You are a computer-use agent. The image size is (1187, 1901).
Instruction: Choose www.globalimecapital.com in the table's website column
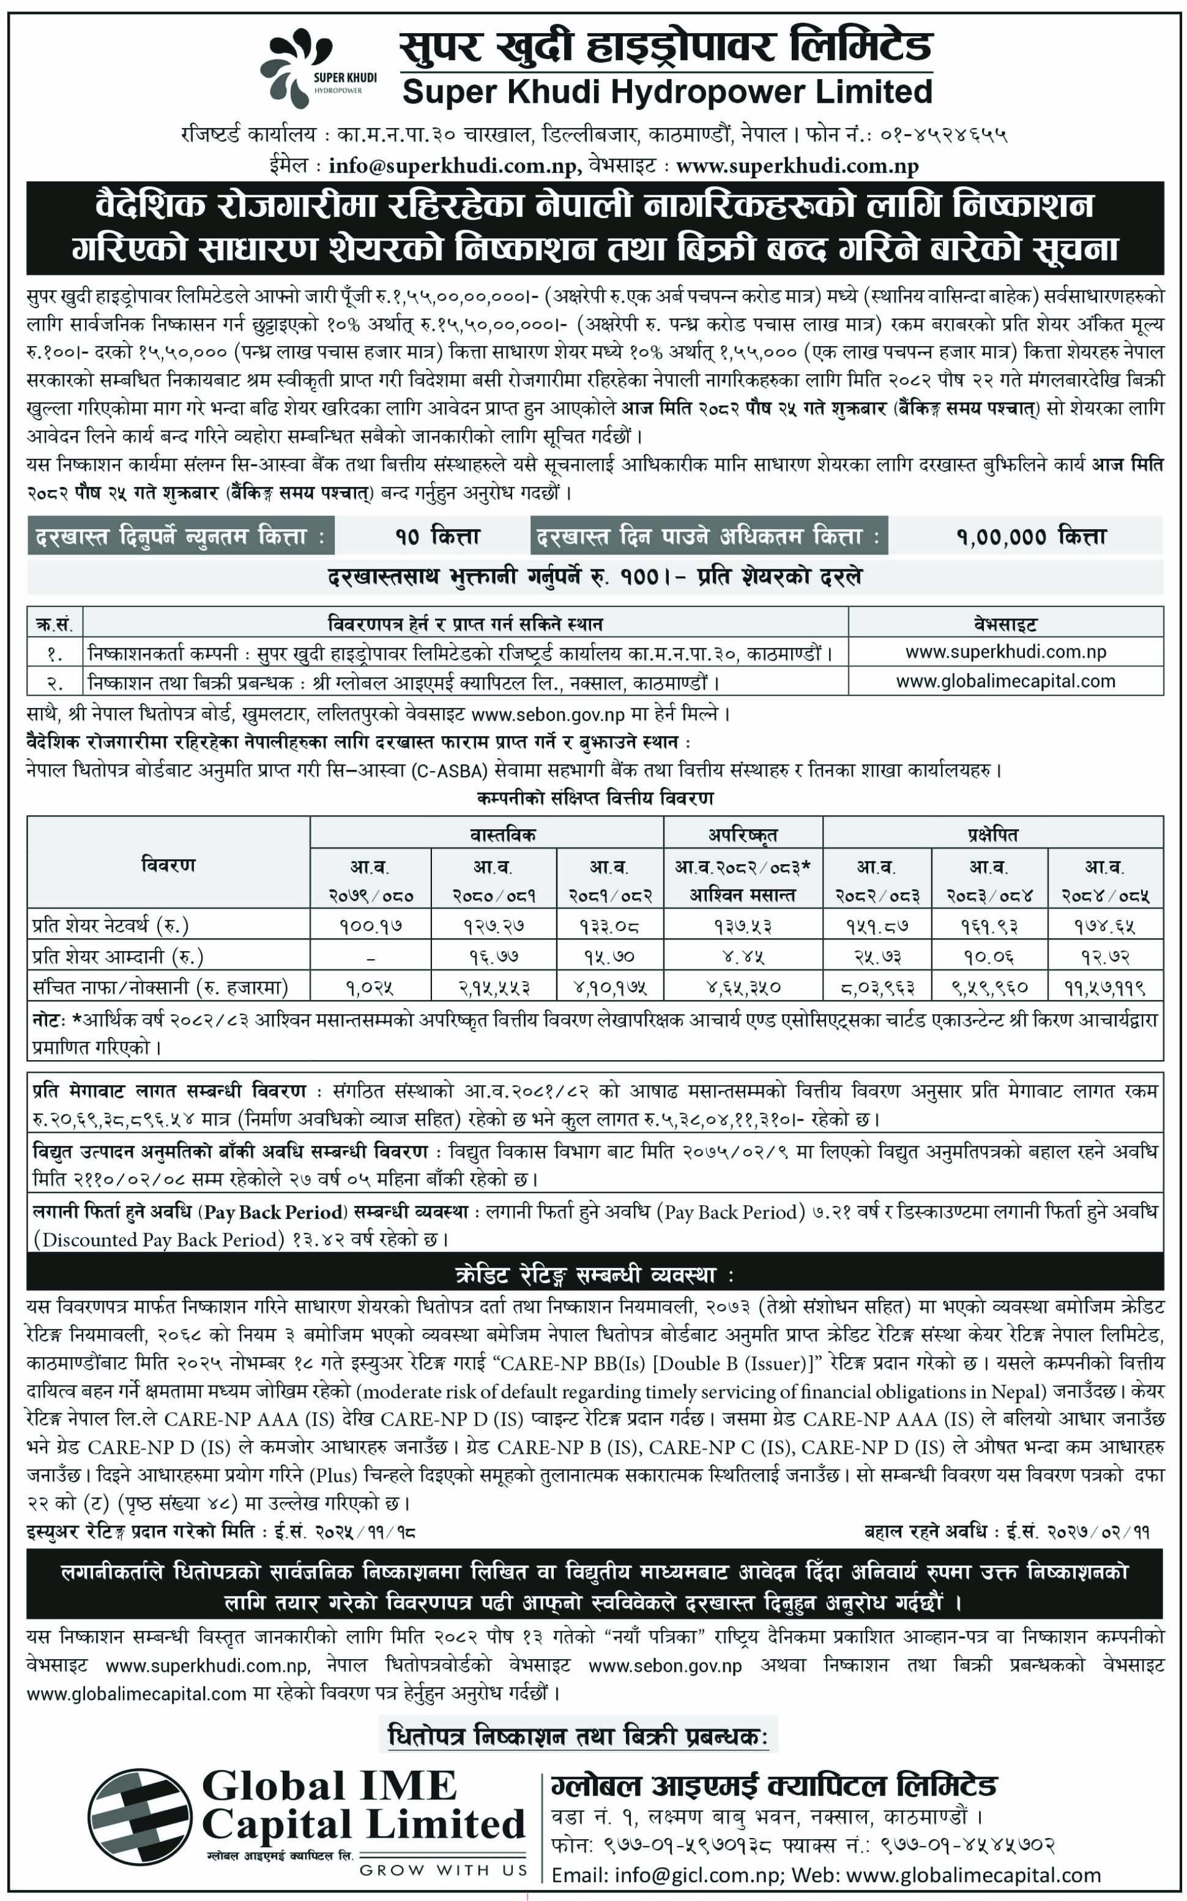coord(1006,681)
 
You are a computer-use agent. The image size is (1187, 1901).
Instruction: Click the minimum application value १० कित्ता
coord(437,536)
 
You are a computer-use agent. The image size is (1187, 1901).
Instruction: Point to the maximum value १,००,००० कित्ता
coord(1031,536)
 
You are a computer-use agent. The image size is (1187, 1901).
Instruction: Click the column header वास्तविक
coord(502,834)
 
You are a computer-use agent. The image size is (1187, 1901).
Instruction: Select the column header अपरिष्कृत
coord(743,834)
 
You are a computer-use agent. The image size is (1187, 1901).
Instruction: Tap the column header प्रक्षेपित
coord(992,834)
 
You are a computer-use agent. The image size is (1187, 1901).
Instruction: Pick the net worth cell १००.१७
coord(371,926)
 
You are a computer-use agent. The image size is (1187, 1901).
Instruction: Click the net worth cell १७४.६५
coord(1104,926)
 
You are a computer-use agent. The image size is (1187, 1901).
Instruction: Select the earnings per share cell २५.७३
coord(876,956)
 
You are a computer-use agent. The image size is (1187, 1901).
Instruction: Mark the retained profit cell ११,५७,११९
coord(1104,986)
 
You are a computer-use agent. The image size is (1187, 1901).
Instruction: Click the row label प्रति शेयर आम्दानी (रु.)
coord(117,956)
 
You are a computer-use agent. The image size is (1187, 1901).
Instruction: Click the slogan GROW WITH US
coord(443,1870)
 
